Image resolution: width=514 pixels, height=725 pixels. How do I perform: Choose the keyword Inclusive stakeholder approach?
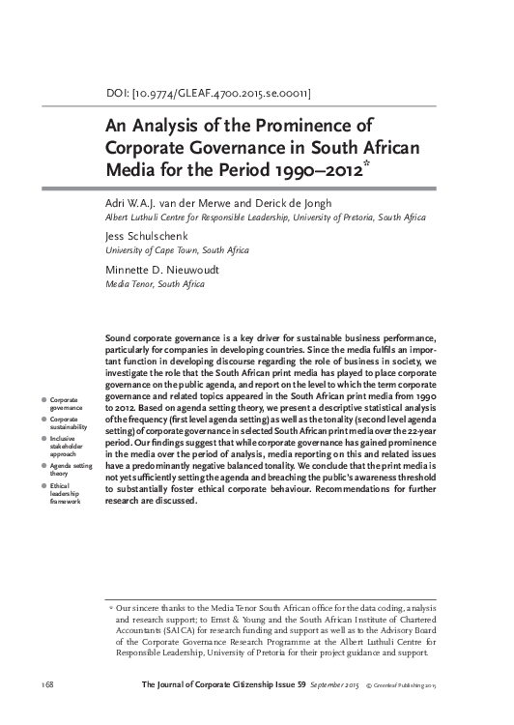coord(67,448)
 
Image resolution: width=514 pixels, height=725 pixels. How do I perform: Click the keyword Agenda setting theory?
coord(71,470)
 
